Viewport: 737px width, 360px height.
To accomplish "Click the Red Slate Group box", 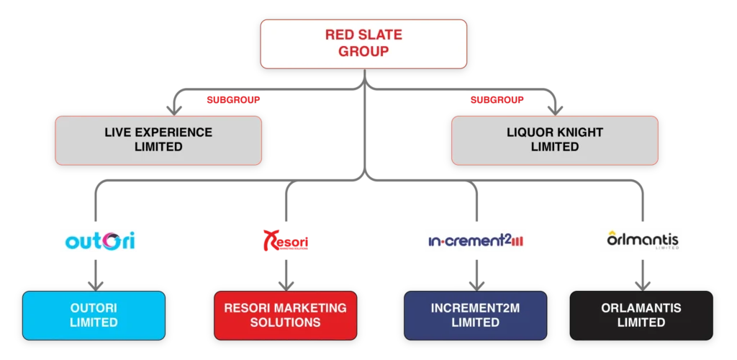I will (x=363, y=43).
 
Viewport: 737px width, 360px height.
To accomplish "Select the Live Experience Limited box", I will (x=158, y=140).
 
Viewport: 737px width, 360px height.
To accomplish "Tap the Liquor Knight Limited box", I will (x=554, y=140).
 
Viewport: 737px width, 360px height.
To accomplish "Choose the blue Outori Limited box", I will (x=94, y=315).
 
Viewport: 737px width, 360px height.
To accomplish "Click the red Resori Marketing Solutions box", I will (x=286, y=315).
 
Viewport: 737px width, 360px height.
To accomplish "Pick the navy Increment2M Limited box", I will (x=475, y=315).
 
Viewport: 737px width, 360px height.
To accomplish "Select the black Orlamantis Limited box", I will (x=641, y=315).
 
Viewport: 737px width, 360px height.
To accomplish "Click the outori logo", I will (x=98, y=240).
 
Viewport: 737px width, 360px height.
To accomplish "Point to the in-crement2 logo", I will (x=474, y=240).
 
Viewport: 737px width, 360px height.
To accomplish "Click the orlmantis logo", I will (x=642, y=240).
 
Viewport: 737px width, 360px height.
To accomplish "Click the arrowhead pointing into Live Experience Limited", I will (x=173, y=109).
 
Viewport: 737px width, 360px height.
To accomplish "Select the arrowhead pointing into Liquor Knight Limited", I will (x=554, y=109).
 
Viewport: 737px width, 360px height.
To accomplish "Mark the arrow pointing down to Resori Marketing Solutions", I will (x=286, y=281).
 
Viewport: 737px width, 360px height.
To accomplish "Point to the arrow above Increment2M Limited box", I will (x=476, y=281).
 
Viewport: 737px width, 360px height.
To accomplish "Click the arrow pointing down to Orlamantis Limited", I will (x=641, y=281).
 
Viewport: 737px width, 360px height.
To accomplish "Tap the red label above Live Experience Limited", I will (x=233, y=99).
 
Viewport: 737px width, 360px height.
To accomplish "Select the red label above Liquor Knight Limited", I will (x=497, y=99).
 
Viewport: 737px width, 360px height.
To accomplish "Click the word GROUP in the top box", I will (x=363, y=51).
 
